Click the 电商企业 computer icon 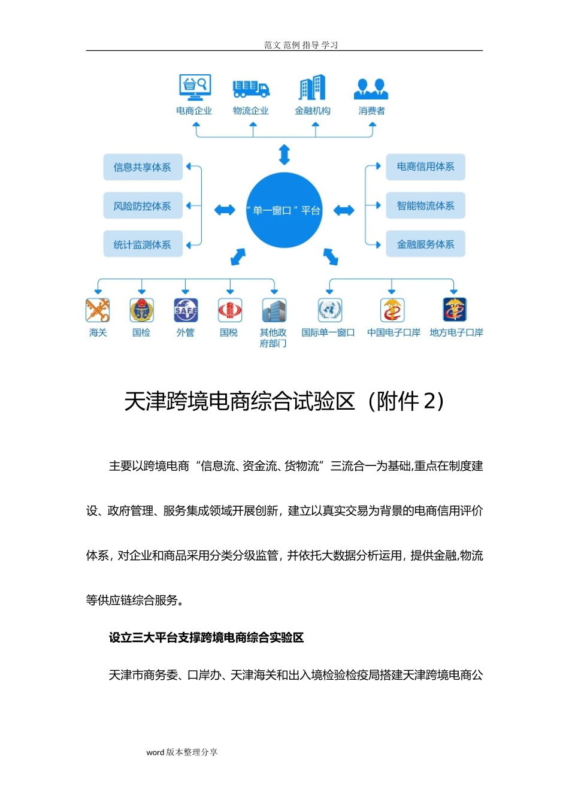(195, 86)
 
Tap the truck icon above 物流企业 (251, 88)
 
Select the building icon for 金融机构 (313, 87)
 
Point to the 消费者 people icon (371, 89)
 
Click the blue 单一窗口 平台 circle (284, 210)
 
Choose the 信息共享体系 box (143, 167)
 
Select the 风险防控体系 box (143, 206)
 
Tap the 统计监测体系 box (143, 244)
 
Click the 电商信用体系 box (425, 167)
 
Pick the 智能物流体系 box (425, 205)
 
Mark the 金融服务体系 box (425, 244)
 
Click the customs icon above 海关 (98, 310)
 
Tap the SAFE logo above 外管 (186, 310)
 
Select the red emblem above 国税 (229, 310)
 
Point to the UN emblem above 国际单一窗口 (329, 310)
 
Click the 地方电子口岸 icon (455, 310)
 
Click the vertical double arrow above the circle (284, 155)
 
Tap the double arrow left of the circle (225, 210)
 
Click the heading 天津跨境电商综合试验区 (284, 401)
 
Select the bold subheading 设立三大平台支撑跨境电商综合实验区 (206, 638)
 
